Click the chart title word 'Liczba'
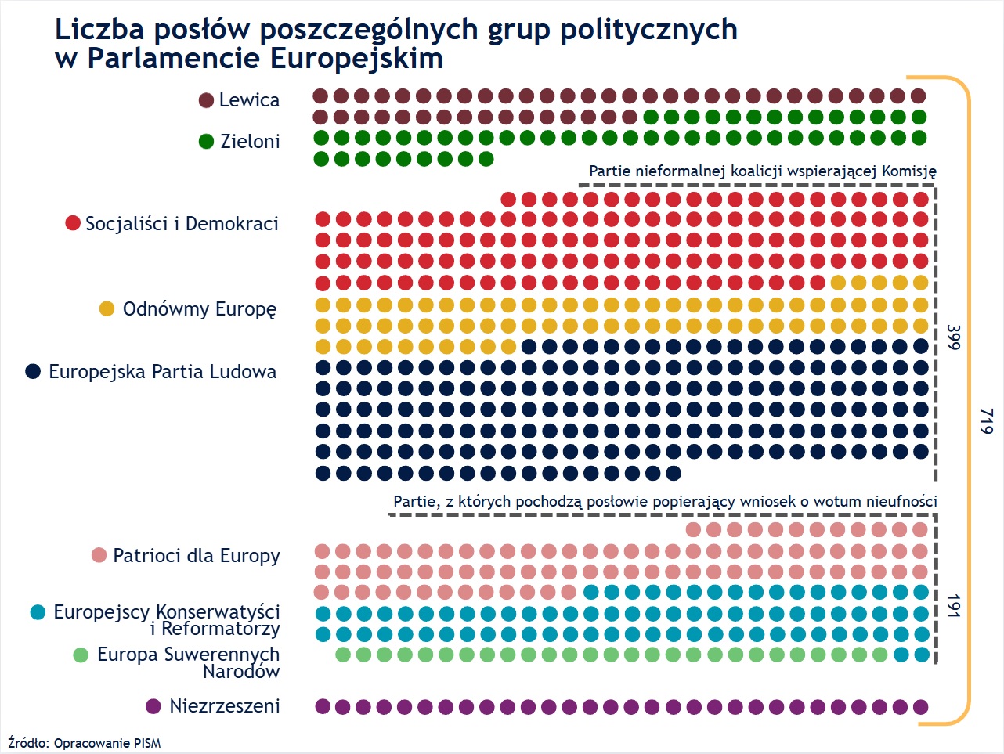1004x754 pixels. pos(99,30)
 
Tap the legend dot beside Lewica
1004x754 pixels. pos(207,100)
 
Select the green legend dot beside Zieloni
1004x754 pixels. pos(207,142)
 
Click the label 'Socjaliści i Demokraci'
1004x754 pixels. pos(182,224)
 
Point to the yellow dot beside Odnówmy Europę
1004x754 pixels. pos(107,309)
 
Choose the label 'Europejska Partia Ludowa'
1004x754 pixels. pos(162,372)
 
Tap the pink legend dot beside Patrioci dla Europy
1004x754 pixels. pos(99,556)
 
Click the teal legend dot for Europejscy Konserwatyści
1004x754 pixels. pos(38,612)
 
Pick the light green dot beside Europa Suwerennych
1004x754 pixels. pos(81,655)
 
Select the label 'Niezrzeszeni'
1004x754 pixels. pos(225,706)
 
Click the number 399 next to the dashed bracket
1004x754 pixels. pos(953,337)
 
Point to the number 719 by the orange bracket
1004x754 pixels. pos(986,421)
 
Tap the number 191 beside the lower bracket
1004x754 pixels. pos(953,605)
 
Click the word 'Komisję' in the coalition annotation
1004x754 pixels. pos(909,171)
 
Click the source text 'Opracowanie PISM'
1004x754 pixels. pos(107,743)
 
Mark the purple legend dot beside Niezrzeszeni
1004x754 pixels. pos(153,706)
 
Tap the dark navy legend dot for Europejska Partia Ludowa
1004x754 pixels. pos(33,372)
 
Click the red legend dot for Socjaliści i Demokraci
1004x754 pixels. pos(73,224)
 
